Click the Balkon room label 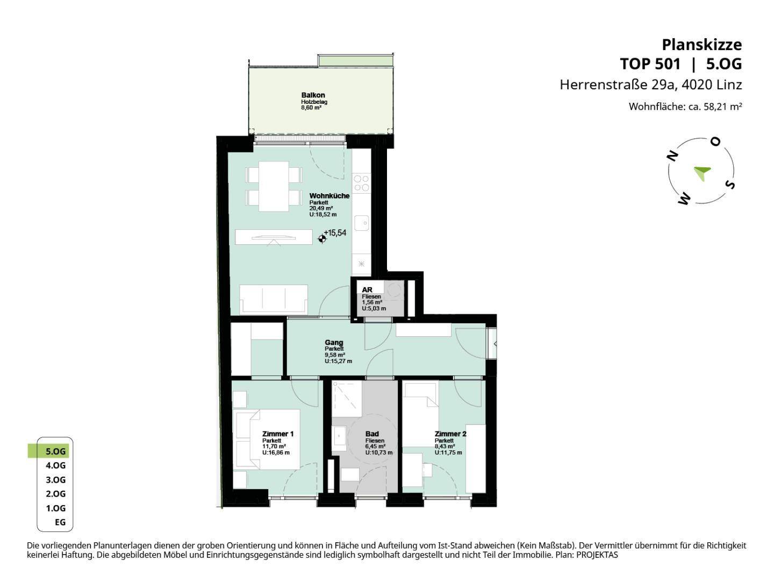[x=313, y=95]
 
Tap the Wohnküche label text [x=329, y=196]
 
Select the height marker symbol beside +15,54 [x=321, y=239]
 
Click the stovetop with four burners [x=361, y=183]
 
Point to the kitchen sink [x=361, y=223]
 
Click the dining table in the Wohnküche [x=274, y=186]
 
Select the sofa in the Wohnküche [x=274, y=299]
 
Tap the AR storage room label [x=367, y=290]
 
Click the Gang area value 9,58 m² [x=335, y=355]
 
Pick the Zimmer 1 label [x=278, y=434]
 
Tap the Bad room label [x=372, y=434]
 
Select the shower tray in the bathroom [x=347, y=399]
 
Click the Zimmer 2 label [x=450, y=434]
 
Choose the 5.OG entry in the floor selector [x=55, y=451]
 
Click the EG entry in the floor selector [x=60, y=522]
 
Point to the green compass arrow [x=702, y=173]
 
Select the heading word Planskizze [x=702, y=45]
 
